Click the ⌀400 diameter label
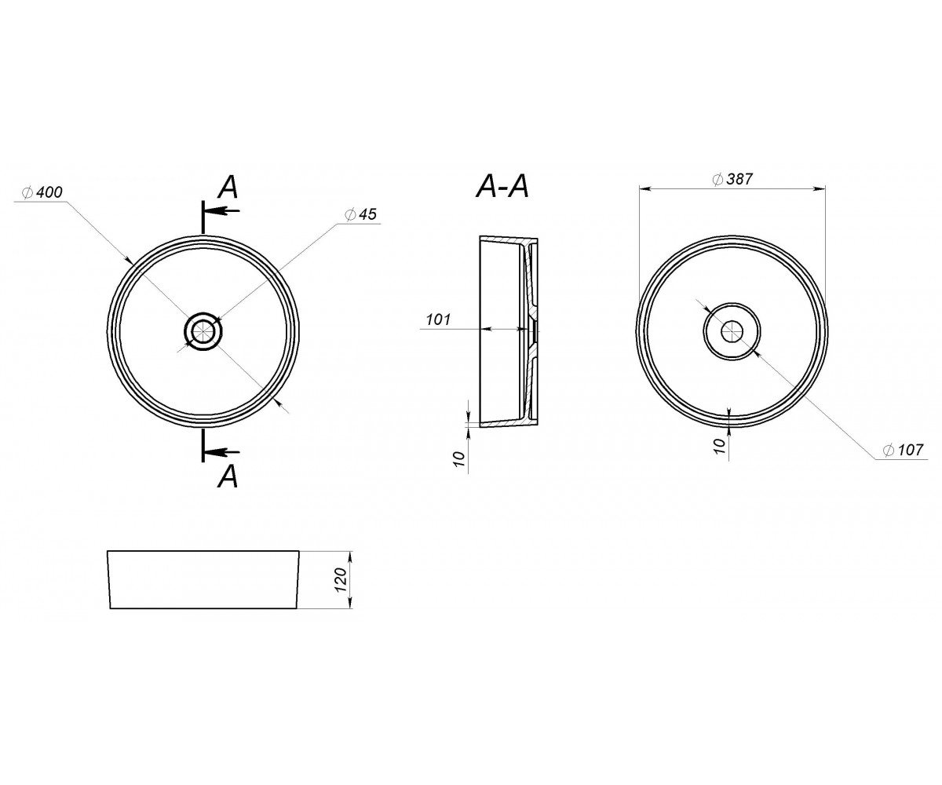[x=42, y=192]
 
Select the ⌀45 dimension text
[x=360, y=214]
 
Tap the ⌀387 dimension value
[x=732, y=179]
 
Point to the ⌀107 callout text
[x=904, y=450]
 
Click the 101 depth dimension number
[x=439, y=319]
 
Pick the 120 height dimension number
[x=341, y=580]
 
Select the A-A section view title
[x=502, y=186]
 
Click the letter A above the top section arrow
[x=228, y=187]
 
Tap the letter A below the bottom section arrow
[x=228, y=476]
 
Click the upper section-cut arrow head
[x=213, y=210]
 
